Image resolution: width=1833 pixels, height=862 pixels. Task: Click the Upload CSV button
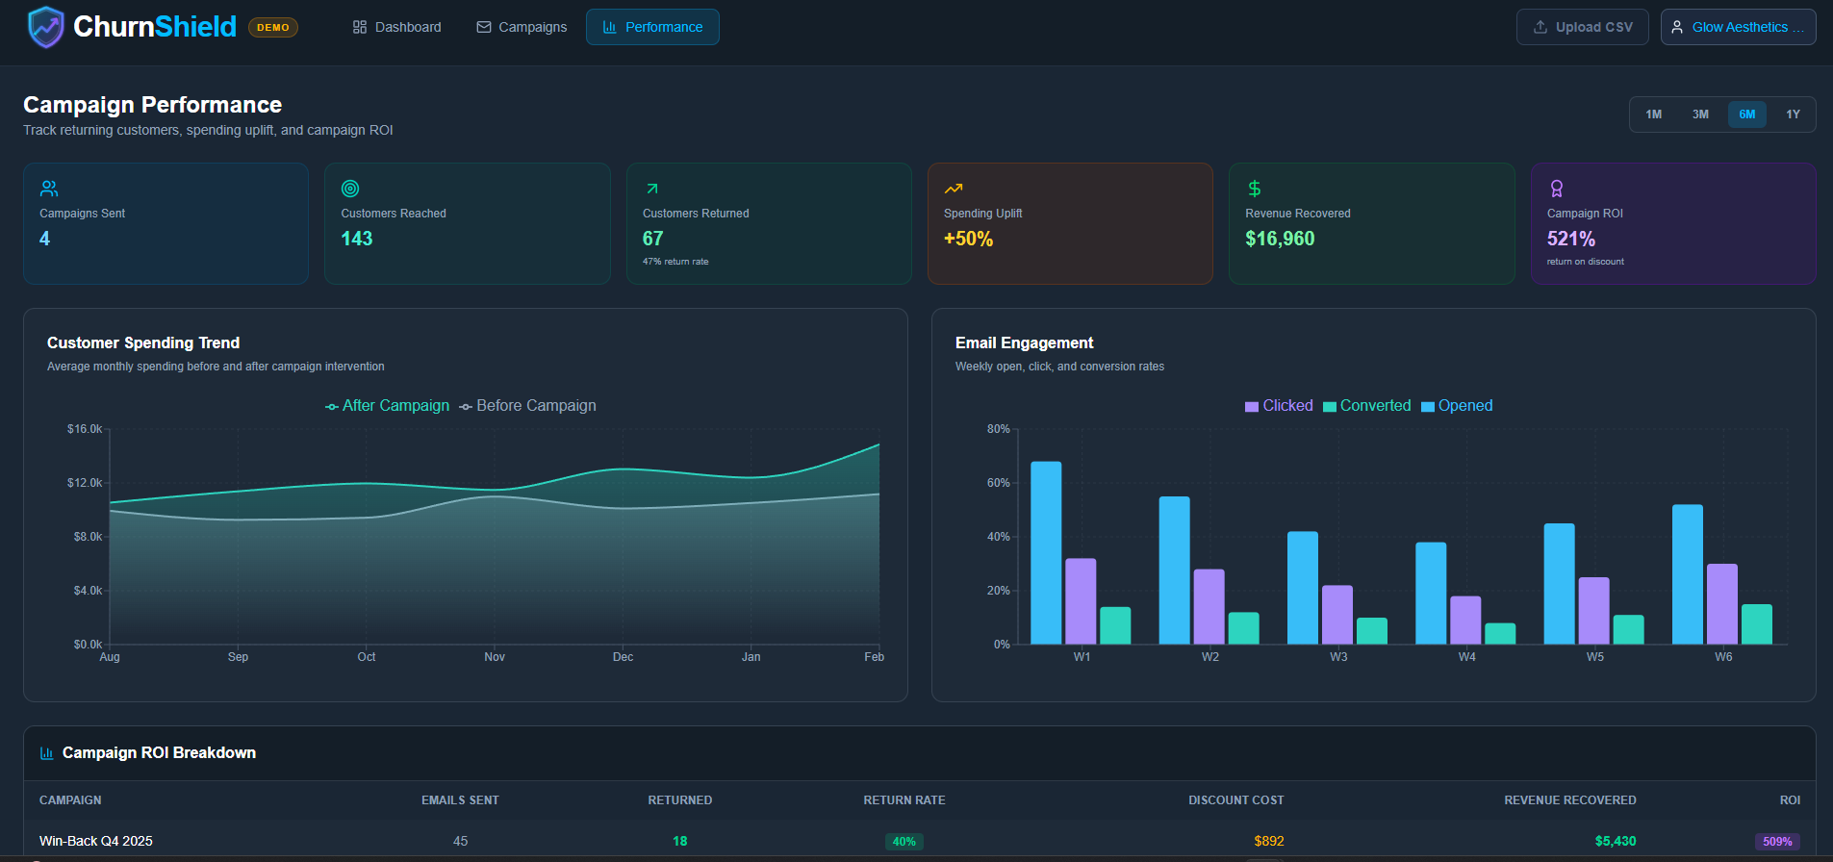[x=1582, y=27]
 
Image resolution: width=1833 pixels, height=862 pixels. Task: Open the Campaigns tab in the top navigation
[x=522, y=27]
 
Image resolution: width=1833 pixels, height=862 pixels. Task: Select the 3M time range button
[x=1700, y=114]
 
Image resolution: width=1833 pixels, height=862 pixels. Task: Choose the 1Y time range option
[x=1793, y=114]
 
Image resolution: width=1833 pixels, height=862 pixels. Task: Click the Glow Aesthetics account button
[x=1738, y=27]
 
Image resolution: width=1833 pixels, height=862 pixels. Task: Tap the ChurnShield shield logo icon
[x=45, y=27]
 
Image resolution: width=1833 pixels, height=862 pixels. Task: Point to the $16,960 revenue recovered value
[x=1279, y=239]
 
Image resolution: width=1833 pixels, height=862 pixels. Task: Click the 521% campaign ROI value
[x=1570, y=239]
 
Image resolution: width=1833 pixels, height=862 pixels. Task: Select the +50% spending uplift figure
[x=967, y=239]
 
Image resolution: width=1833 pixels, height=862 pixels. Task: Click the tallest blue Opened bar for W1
[x=1046, y=553]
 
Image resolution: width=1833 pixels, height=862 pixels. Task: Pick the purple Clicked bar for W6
[x=1721, y=604]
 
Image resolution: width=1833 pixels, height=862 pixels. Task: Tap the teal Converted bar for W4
[x=1500, y=634]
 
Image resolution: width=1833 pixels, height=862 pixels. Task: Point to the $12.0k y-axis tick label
[x=85, y=483]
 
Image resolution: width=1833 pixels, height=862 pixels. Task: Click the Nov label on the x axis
[x=495, y=657]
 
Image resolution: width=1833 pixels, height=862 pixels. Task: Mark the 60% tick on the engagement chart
[x=998, y=483]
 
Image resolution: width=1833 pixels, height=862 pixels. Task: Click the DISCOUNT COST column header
[x=1235, y=800]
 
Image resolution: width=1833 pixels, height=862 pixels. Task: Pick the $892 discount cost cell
[x=1268, y=841]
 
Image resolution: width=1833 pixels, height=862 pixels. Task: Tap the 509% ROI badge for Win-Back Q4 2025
[x=1776, y=841]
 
